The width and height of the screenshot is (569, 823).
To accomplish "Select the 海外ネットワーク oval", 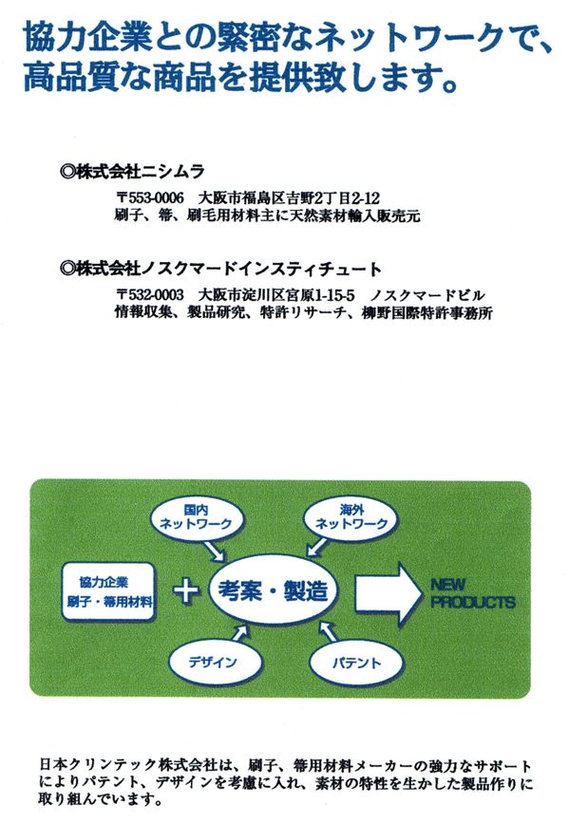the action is click(x=351, y=518).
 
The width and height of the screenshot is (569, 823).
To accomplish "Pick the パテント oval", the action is click(x=356, y=663).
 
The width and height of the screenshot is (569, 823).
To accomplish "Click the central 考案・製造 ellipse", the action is click(x=274, y=591).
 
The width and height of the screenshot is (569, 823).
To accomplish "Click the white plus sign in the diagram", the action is click(x=186, y=591).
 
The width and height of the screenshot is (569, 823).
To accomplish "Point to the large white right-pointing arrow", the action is click(x=388, y=593).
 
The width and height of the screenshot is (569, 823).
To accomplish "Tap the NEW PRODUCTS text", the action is click(x=472, y=593).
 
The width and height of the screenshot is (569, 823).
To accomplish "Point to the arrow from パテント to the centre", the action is click(x=328, y=631).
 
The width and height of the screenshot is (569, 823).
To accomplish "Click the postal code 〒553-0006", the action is click(x=150, y=198).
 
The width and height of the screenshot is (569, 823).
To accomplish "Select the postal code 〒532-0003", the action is click(x=150, y=295).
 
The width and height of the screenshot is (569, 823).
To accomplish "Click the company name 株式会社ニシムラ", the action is click(x=141, y=171).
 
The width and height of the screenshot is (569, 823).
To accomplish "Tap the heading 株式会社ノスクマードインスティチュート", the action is click(x=229, y=270).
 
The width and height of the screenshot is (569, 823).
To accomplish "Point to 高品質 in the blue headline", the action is click(x=66, y=78).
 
